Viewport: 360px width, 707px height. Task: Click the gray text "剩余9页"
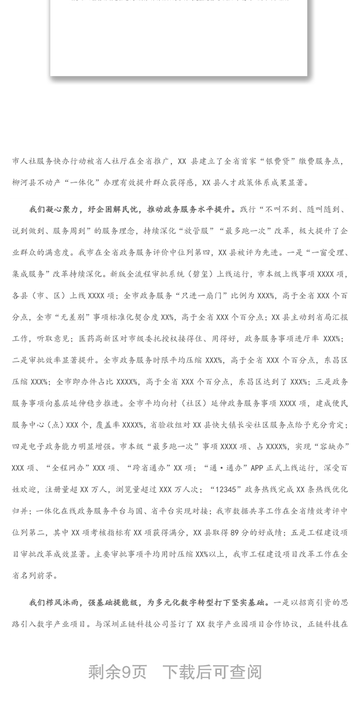(x=117, y=672)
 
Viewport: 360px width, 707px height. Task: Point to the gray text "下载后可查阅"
(x=211, y=672)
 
